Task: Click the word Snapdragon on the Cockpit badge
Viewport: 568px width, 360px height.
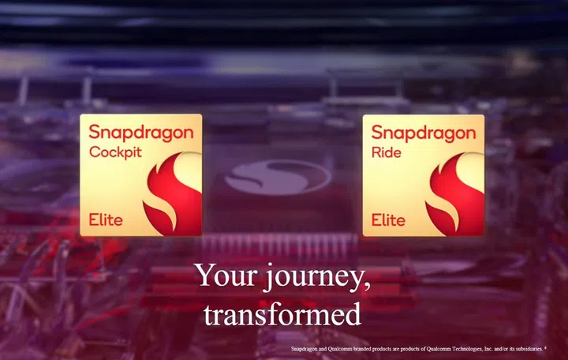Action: [x=140, y=133]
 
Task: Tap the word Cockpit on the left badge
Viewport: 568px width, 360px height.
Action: [x=115, y=152]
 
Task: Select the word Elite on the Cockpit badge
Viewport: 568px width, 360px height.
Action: [x=105, y=219]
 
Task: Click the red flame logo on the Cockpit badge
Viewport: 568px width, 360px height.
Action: [x=172, y=189]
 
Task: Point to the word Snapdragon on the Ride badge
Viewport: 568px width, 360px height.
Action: [x=424, y=133]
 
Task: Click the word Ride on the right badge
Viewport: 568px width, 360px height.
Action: [x=387, y=152]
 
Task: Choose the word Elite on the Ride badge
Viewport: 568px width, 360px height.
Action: [x=388, y=219]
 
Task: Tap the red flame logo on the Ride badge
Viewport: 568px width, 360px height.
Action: [x=455, y=189]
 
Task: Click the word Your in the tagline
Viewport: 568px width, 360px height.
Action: [x=223, y=276]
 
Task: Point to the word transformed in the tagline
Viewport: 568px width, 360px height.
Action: [x=282, y=314]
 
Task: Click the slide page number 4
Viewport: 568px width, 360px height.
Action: [x=546, y=346]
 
